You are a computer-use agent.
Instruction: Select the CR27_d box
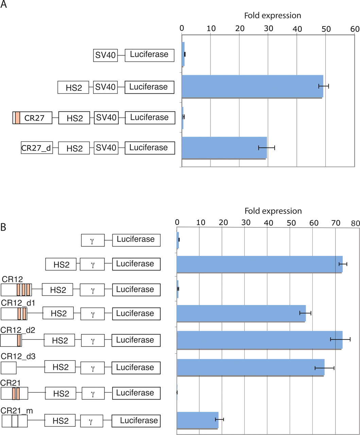[37, 148]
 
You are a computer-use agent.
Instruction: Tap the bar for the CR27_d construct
[224, 147]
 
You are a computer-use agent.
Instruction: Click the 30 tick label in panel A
[268, 28]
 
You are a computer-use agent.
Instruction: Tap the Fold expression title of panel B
[273, 211]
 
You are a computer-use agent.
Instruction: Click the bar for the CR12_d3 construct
[251, 367]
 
